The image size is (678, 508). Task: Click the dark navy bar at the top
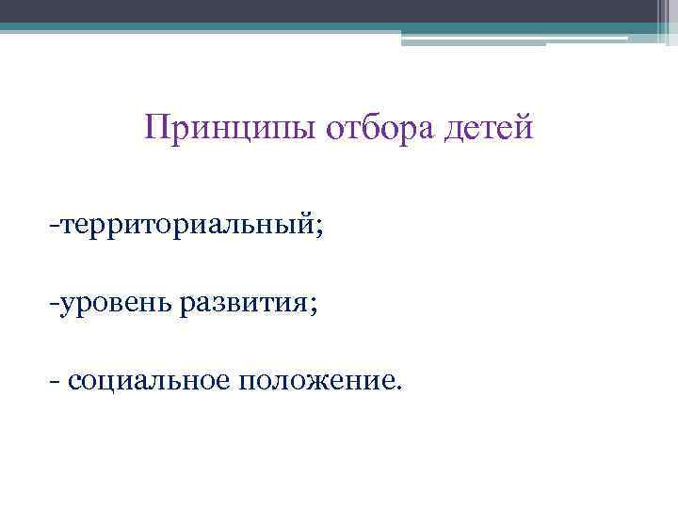[339, 10]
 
